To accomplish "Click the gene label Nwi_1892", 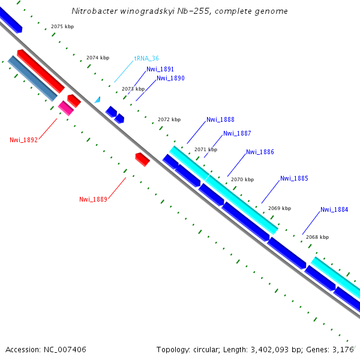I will pos(23,140).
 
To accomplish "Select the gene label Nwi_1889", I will pos(93,199).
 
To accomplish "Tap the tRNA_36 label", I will pos(146,59).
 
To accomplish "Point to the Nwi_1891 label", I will pos(160,70).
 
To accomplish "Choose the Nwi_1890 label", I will pos(170,79).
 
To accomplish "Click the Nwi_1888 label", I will pos(220,120).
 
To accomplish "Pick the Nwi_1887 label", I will pos(237,134).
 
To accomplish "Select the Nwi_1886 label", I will pos(260,152).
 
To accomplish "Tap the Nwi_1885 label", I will pos(294,178).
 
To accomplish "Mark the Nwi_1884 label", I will pos(334,210).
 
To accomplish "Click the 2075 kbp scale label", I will pos(62,27).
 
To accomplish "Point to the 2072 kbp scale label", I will pos(169,120).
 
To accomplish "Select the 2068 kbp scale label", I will pos(317,237).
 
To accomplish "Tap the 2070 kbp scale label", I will pos(242,179).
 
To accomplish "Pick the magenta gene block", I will pos(66,108).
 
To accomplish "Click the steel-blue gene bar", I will pos(32,78).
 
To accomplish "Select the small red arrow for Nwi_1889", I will pos(142,159).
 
